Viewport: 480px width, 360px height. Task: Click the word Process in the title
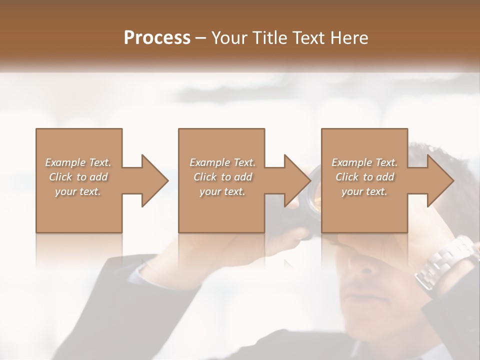tap(157, 38)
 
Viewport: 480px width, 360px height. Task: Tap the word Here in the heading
tap(348, 38)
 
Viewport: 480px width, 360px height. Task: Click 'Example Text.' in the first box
tap(78, 162)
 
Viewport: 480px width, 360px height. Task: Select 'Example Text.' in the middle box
tap(222, 162)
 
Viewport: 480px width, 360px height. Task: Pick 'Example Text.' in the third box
tap(364, 162)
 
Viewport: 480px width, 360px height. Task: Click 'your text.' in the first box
tap(78, 191)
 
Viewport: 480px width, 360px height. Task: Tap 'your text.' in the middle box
tap(222, 191)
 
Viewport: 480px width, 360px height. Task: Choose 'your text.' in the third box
tap(364, 191)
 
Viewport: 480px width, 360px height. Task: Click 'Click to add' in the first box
tap(78, 177)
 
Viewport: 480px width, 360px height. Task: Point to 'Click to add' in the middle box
tap(222, 177)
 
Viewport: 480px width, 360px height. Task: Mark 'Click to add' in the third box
tap(364, 177)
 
